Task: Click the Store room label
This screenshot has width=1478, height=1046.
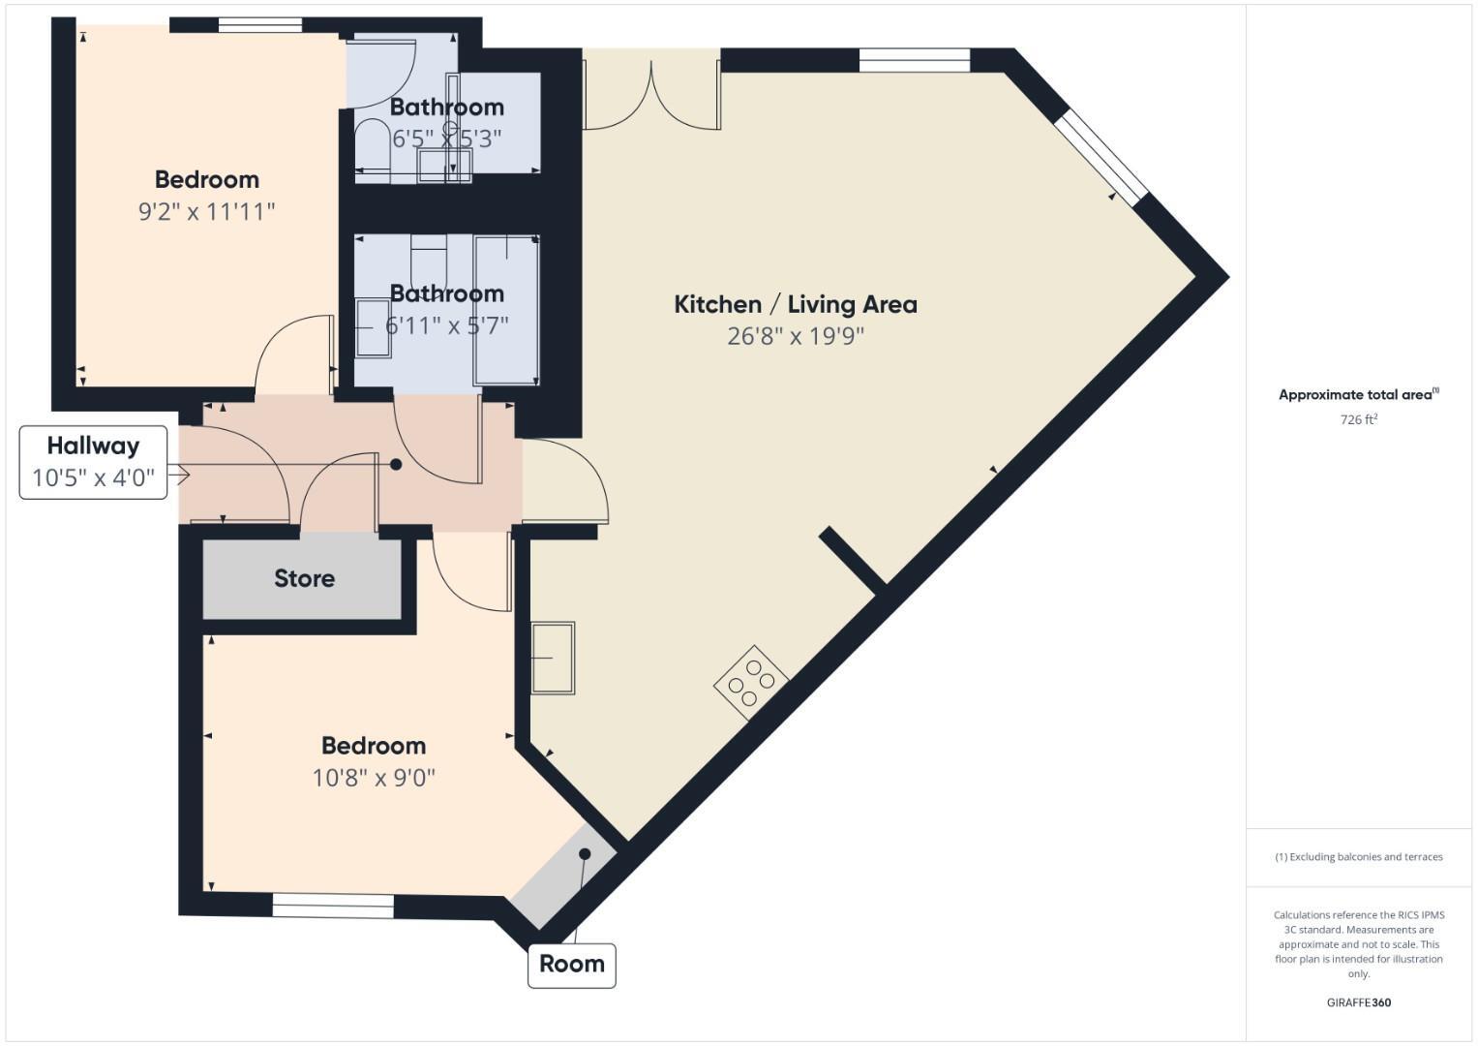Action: coord(304,578)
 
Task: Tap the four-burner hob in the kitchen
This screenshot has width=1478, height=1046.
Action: coord(751,682)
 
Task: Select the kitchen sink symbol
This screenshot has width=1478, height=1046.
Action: coord(553,658)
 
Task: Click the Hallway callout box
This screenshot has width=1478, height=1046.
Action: coord(93,462)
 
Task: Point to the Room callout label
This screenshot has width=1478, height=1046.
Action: coord(571,964)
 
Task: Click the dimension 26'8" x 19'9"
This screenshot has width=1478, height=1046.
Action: coord(795,336)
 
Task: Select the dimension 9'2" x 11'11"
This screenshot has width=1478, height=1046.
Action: coord(206,211)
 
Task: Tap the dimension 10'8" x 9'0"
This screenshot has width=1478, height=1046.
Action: coord(374,778)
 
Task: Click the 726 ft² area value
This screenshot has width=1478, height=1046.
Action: coord(1358,419)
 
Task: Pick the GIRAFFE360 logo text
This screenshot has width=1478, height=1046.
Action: coord(1358,1002)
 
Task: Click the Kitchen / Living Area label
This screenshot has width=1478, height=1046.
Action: coord(795,304)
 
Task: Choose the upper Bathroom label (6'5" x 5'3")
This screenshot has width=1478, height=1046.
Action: coord(446,107)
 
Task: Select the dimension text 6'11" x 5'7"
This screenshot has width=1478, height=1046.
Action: coord(446,325)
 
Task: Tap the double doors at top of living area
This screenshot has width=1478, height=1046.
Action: coord(652,92)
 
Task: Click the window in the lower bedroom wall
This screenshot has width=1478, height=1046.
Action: coord(333,906)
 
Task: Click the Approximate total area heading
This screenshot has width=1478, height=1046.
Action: coord(1358,394)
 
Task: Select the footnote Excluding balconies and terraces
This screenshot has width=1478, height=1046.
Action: coord(1358,857)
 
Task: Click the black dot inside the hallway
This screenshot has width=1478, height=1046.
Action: coord(396,465)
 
